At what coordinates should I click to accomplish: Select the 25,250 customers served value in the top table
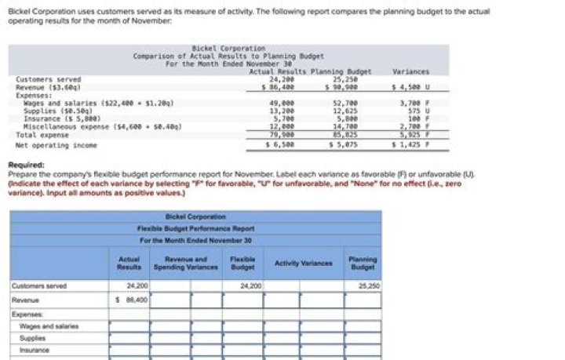345,79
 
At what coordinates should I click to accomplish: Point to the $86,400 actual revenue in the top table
281,86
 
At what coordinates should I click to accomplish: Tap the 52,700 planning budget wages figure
345,103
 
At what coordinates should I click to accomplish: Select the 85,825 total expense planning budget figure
345,134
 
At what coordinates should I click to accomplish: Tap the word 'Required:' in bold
24,165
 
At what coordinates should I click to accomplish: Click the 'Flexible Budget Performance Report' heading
195,227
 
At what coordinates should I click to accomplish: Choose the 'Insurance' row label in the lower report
35,350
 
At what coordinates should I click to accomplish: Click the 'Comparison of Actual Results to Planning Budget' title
228,56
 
